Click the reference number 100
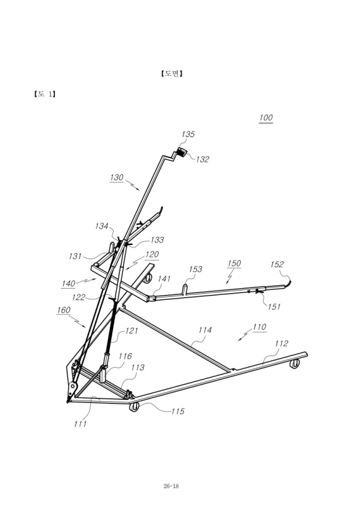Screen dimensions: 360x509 pyautogui.click(x=266, y=117)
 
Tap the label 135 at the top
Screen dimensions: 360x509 pyautogui.click(x=188, y=134)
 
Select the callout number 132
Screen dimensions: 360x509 pyautogui.click(x=203, y=159)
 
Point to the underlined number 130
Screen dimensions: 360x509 pyautogui.click(x=117, y=177)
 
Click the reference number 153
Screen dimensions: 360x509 pyautogui.click(x=195, y=269)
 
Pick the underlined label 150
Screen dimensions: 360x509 pyautogui.click(x=234, y=263)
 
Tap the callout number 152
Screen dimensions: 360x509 pyautogui.click(x=277, y=265)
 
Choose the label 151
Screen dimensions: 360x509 pyautogui.click(x=274, y=306)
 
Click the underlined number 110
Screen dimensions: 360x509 pyautogui.click(x=260, y=327)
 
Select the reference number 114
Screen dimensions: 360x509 pyautogui.click(x=205, y=330)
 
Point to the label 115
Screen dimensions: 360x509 pyautogui.click(x=177, y=411)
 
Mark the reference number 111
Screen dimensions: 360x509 pyautogui.click(x=80, y=424)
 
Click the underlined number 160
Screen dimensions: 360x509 pyautogui.click(x=64, y=310)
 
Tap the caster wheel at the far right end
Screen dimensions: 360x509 pyautogui.click(x=294, y=364)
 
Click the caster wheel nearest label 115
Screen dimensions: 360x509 pyautogui.click(x=133, y=407)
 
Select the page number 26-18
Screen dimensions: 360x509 pyautogui.click(x=171, y=486)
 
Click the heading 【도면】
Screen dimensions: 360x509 pyautogui.click(x=172, y=73)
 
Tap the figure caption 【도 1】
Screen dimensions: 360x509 pyautogui.click(x=45, y=94)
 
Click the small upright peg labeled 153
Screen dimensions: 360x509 pyautogui.click(x=185, y=289)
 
